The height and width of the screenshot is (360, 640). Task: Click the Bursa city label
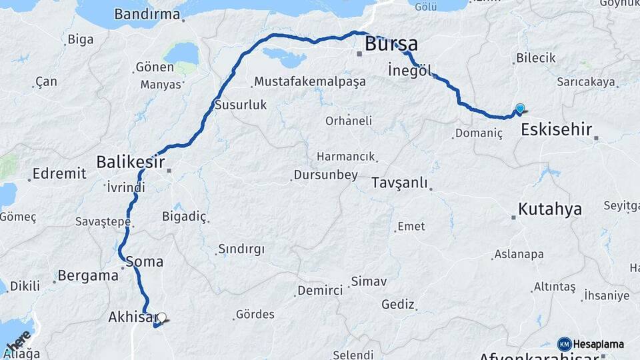(x=391, y=45)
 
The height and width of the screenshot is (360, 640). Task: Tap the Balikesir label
(x=130, y=161)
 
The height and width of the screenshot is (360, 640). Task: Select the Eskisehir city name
(x=557, y=129)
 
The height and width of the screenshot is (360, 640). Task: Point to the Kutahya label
(x=550, y=209)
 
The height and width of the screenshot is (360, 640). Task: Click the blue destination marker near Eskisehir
(x=520, y=109)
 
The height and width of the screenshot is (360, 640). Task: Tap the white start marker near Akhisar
(x=161, y=317)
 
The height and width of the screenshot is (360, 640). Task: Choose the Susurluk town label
(x=241, y=105)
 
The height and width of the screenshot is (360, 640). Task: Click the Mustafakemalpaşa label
(x=311, y=83)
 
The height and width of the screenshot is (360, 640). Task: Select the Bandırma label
(x=147, y=14)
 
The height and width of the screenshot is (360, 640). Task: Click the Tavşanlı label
(x=399, y=183)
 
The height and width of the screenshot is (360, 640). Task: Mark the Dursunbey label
(x=325, y=175)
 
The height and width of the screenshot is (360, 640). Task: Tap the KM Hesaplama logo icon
(x=564, y=344)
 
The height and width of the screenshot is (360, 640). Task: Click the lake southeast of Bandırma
(x=181, y=53)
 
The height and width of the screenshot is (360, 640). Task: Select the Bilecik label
(x=535, y=58)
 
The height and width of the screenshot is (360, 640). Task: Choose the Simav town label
(x=369, y=281)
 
